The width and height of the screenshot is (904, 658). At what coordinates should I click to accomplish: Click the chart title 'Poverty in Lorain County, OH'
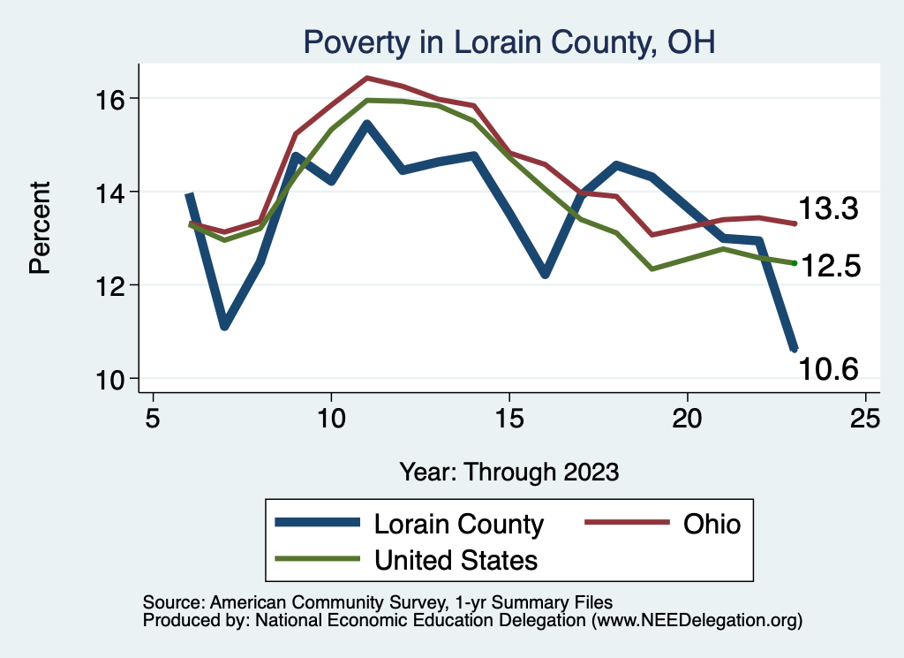[x=508, y=42]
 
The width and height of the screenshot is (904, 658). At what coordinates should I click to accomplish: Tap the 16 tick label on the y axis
[x=110, y=98]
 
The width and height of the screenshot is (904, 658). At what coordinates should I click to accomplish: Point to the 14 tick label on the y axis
[x=110, y=192]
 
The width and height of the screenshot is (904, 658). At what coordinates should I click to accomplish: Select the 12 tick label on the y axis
[x=110, y=285]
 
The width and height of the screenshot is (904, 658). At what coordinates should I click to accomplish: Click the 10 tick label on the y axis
[x=110, y=379]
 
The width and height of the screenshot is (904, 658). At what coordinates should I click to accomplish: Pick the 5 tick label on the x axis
[x=153, y=418]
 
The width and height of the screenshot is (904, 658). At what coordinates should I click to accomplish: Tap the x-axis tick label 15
[x=508, y=418]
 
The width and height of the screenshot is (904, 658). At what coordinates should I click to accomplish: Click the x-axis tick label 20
[x=687, y=418]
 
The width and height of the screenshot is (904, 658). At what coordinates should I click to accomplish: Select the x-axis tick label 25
[x=865, y=418]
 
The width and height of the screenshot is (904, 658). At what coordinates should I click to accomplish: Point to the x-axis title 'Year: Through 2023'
[x=508, y=471]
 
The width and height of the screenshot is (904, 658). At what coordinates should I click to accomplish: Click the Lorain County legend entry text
[x=459, y=524]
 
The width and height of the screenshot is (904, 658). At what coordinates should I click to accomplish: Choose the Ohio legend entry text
[x=711, y=524]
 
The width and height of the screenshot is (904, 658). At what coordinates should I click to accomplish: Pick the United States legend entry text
[x=456, y=559]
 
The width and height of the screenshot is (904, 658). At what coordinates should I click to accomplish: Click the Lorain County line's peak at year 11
[x=366, y=124]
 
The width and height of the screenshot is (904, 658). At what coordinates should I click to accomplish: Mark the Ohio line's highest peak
[x=366, y=78]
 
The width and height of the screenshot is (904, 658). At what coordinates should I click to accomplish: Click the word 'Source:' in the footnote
[x=173, y=601]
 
